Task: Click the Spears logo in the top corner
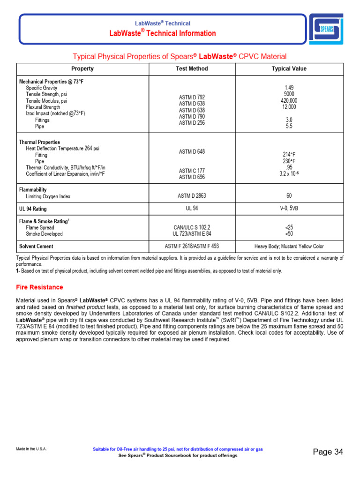(326, 29)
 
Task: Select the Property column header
(82, 69)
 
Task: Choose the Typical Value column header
(289, 69)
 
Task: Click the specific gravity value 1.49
(289, 88)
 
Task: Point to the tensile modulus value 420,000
(289, 101)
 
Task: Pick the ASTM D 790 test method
(192, 116)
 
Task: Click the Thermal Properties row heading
(39, 142)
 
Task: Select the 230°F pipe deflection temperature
(289, 161)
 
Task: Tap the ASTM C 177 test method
(192, 171)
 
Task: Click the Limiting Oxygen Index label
(48, 197)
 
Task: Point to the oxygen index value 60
(289, 196)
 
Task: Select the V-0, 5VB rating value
(289, 209)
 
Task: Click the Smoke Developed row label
(44, 234)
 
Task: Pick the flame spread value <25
(289, 227)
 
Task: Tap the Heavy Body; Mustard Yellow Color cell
(289, 246)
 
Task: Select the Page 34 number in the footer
(328, 452)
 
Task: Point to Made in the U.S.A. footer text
(31, 449)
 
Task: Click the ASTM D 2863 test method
(192, 196)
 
